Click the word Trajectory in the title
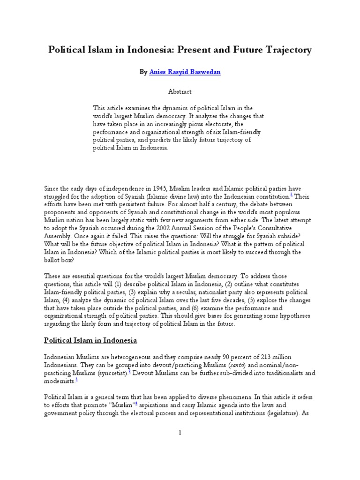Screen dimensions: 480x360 tap(285, 49)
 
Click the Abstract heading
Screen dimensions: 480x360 tap(180, 92)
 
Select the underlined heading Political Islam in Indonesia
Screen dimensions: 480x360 tap(90, 340)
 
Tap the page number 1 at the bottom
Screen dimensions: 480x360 tap(180, 433)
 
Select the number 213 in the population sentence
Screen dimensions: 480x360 tap(265, 358)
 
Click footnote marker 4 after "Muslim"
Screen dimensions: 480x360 tap(136, 403)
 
